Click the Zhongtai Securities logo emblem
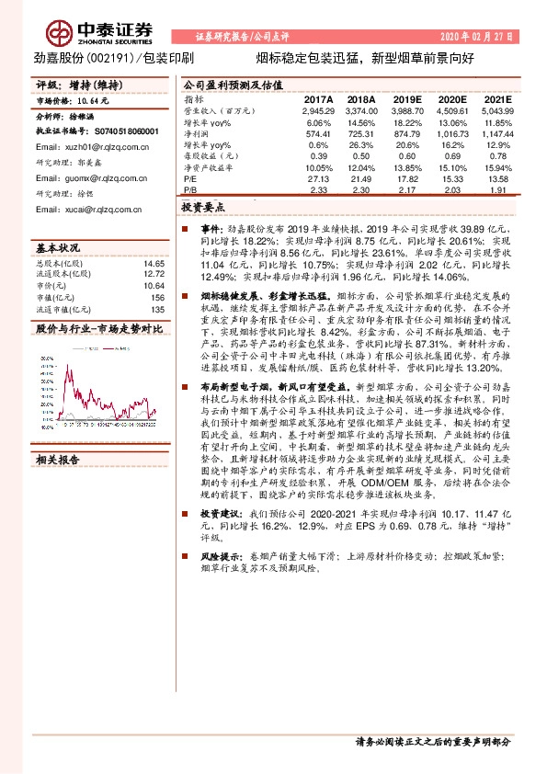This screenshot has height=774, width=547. [62, 33]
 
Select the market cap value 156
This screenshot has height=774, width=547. [158, 296]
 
